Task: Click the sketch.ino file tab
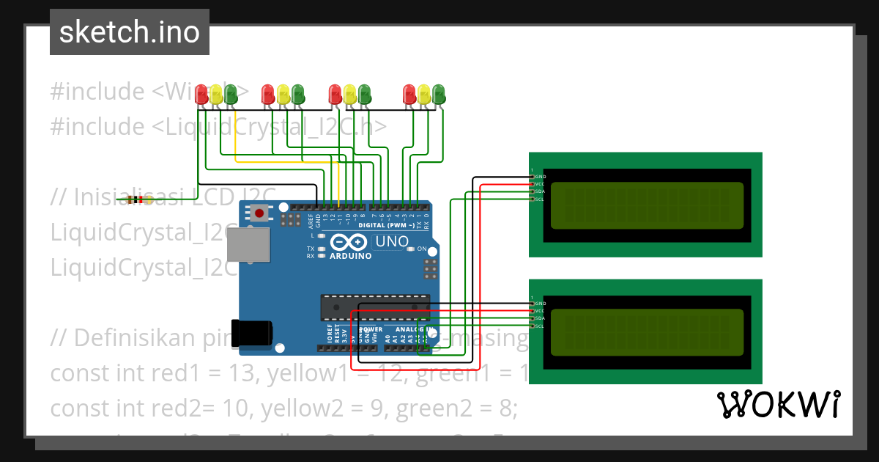click(x=129, y=32)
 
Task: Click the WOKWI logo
click(x=778, y=405)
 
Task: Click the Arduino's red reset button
click(x=259, y=213)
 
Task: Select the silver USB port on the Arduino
click(x=245, y=244)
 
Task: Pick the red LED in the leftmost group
click(x=201, y=94)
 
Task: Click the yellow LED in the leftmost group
click(x=216, y=94)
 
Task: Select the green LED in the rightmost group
click(x=439, y=94)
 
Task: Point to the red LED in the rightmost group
click(x=409, y=94)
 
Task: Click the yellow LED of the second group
click(x=283, y=94)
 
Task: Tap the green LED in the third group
click(x=364, y=94)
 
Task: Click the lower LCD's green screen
click(x=646, y=331)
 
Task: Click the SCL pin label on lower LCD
click(x=540, y=326)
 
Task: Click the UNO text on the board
click(x=392, y=241)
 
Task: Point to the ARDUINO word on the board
click(x=350, y=256)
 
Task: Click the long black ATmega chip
click(x=374, y=307)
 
